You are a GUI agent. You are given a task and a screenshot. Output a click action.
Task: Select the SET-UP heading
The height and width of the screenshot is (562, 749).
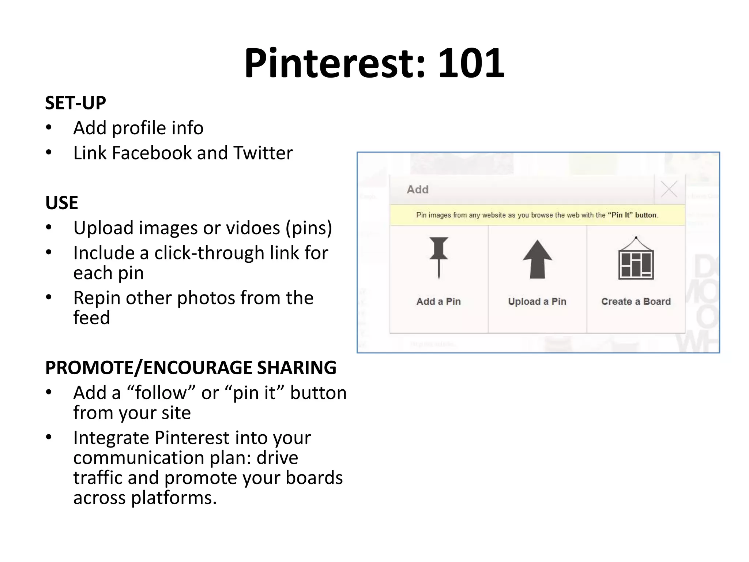75,103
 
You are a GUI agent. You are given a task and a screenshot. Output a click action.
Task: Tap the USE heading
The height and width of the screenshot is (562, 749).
61,203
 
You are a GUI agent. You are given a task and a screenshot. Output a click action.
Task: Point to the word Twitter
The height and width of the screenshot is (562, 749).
263,153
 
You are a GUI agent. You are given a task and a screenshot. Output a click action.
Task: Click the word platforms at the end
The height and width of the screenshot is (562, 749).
174,498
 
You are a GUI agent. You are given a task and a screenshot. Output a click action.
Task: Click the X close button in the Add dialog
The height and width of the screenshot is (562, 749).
669,189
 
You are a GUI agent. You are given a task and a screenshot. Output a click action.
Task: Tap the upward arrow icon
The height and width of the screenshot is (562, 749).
537,259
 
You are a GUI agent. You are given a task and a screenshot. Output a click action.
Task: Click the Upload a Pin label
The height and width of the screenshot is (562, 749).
537,301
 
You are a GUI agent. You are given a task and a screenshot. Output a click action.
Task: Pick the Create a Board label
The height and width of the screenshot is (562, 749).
636,301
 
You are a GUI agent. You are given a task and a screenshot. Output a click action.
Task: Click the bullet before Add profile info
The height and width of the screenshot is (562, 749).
49,128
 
